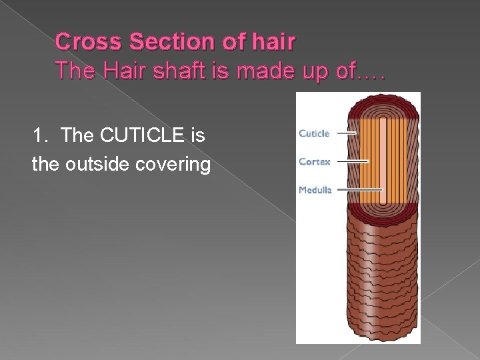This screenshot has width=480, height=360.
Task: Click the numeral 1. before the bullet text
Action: click(41, 137)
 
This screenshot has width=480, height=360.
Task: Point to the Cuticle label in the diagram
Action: click(314, 133)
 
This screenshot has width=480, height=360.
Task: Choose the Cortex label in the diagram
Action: click(314, 161)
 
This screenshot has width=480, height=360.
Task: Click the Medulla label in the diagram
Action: click(315, 190)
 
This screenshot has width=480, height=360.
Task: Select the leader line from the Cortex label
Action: click(352, 161)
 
